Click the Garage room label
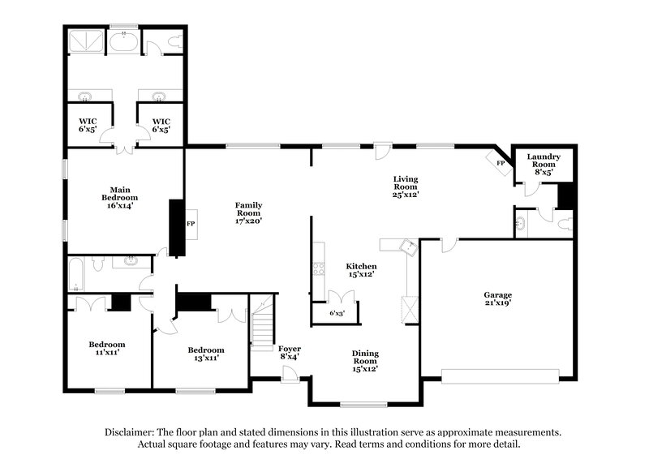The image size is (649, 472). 498,299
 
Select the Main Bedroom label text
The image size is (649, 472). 119,197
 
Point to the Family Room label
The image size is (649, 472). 248,212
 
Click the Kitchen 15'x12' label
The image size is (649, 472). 360,270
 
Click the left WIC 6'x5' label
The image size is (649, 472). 87,127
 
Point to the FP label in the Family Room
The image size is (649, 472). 191,223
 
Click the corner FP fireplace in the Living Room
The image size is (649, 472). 500,162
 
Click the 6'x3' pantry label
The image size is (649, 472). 337,312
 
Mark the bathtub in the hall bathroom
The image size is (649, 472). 76,273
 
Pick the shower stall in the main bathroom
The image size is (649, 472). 85,40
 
